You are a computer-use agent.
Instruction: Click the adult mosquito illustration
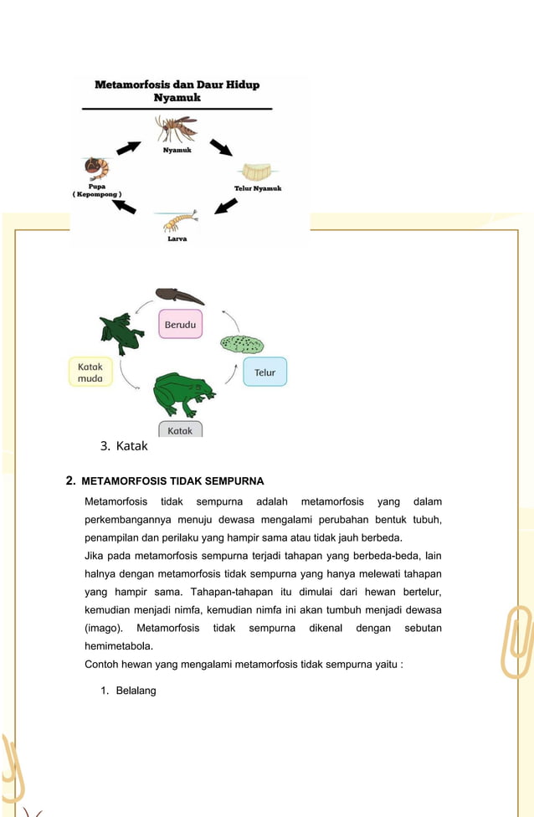click(x=177, y=130)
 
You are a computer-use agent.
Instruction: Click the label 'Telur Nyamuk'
click(x=257, y=188)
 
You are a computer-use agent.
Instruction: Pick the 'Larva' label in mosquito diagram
click(x=177, y=239)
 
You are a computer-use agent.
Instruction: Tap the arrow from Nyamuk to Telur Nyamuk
click(x=221, y=148)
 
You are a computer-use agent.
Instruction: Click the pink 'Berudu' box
click(x=180, y=324)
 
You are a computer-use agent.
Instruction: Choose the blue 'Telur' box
click(x=264, y=372)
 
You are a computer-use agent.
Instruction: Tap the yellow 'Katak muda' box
click(x=90, y=373)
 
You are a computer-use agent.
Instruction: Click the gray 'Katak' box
click(x=180, y=430)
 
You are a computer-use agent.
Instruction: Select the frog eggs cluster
click(x=242, y=344)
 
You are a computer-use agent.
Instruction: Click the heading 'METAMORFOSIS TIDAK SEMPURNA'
click(x=172, y=481)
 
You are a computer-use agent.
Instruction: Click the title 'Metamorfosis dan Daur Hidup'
click(x=177, y=85)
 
